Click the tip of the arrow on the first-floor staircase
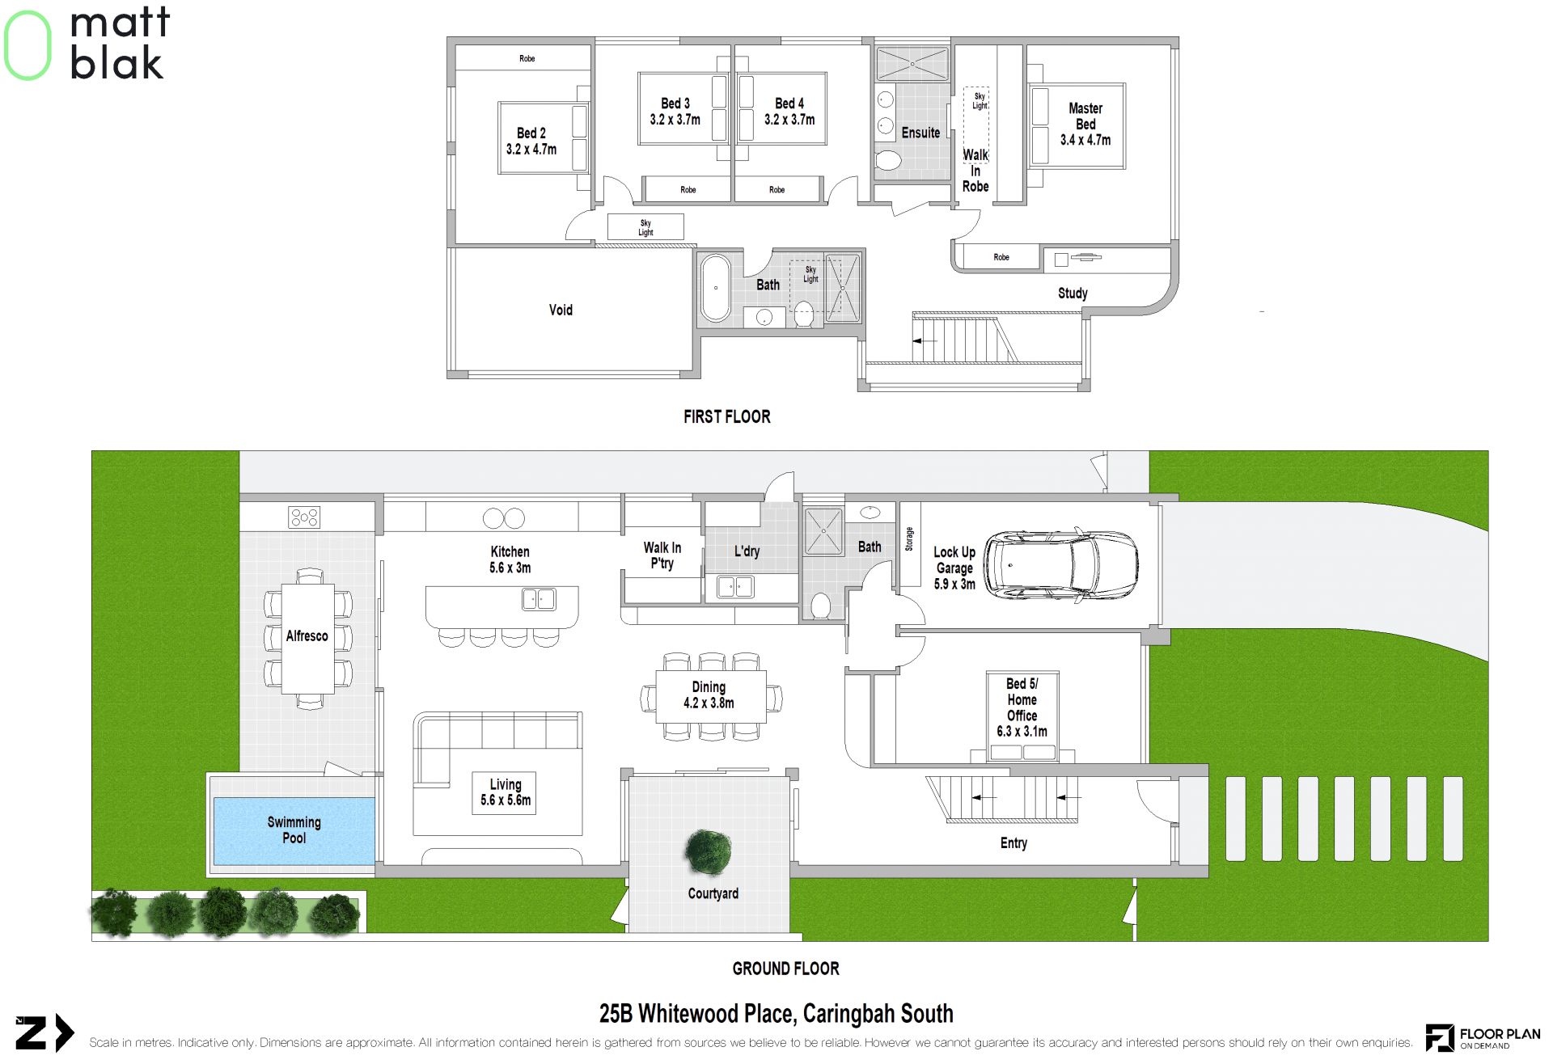point(913,341)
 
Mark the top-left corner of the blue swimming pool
point(214,799)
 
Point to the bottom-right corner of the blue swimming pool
point(374,864)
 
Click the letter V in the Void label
point(553,310)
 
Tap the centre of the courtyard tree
point(709,852)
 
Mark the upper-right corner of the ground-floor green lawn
point(1487,451)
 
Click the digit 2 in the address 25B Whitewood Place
point(605,1014)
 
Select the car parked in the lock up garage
point(1060,564)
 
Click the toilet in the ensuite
point(887,160)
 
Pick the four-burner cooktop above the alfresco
point(304,517)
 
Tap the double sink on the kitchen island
point(539,599)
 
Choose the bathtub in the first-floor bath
point(716,288)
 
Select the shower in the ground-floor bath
point(823,531)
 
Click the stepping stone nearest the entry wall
point(1236,818)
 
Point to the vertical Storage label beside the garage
point(909,539)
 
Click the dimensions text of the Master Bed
point(1085,140)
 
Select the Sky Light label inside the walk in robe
point(980,101)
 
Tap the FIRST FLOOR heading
point(727,416)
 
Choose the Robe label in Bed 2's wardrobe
point(527,59)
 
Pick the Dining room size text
point(709,703)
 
